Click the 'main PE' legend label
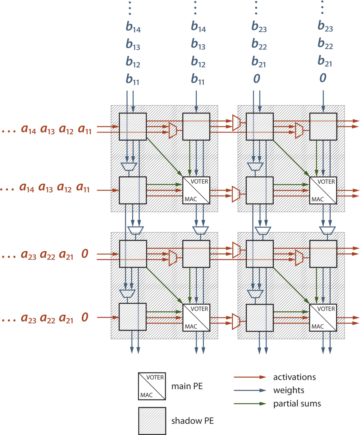[x=187, y=386]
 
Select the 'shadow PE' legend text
[x=192, y=421]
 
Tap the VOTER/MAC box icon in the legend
[x=151, y=386]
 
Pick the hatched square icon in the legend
[x=151, y=421]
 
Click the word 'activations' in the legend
[x=294, y=377]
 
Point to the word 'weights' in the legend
[x=289, y=390]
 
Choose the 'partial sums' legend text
[x=297, y=404]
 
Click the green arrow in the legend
[x=249, y=404]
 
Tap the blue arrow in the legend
[x=249, y=390]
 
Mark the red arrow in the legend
[x=249, y=377]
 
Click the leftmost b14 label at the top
[x=133, y=27]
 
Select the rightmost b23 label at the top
[x=325, y=27]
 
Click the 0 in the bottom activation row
[x=85, y=317]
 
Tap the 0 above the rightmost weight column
[x=323, y=78]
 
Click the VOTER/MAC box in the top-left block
[x=196, y=190]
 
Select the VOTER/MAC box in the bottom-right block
[x=323, y=317]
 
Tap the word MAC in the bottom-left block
[x=191, y=326]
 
